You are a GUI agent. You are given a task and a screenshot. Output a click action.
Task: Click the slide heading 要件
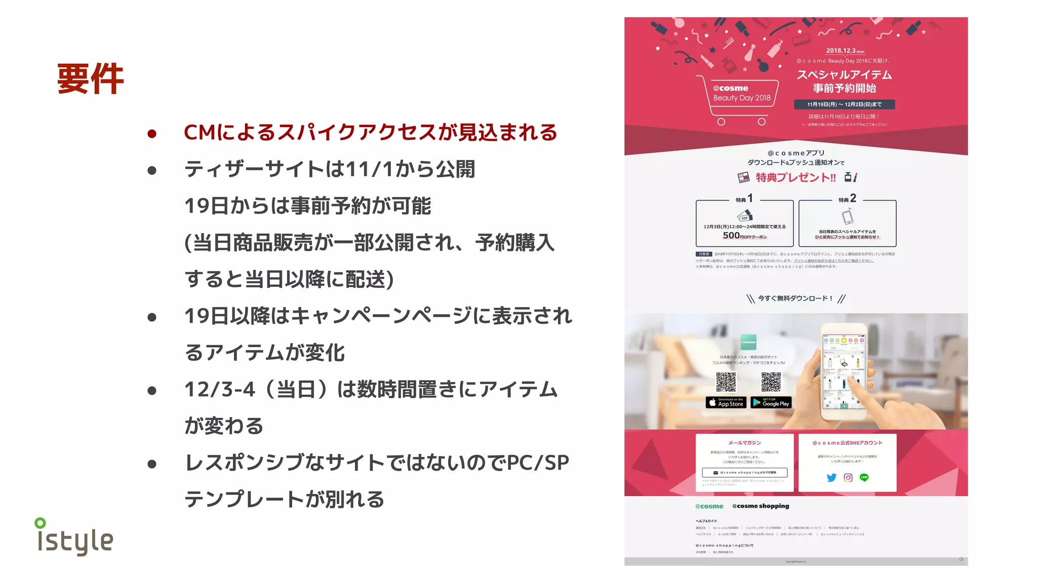pyautogui.click(x=90, y=79)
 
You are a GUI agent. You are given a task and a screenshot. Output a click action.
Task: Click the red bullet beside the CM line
pyautogui.click(x=152, y=134)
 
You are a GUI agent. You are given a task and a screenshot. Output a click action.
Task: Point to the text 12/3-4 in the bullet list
pyautogui.click(x=220, y=390)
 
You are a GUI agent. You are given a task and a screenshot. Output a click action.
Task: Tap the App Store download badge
pyautogui.click(x=726, y=403)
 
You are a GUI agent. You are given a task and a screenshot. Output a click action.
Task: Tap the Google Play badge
pyautogui.click(x=771, y=403)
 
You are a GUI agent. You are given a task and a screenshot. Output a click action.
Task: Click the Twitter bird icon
pyautogui.click(x=831, y=477)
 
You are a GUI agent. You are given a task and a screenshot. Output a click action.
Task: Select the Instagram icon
pyautogui.click(x=848, y=477)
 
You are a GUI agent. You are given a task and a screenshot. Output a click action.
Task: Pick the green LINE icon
pyautogui.click(x=864, y=477)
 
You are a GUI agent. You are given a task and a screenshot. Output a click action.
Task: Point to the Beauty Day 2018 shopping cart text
pyautogui.click(x=742, y=98)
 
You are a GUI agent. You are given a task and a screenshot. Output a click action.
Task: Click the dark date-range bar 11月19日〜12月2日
pyautogui.click(x=844, y=104)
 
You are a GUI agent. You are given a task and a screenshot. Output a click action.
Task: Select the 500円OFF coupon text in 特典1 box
pyautogui.click(x=744, y=236)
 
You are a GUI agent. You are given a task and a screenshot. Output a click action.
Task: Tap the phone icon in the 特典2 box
pyautogui.click(x=847, y=217)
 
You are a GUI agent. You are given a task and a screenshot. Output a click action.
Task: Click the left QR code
pyautogui.click(x=726, y=382)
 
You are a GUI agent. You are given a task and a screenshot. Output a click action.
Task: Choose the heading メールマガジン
pyautogui.click(x=744, y=443)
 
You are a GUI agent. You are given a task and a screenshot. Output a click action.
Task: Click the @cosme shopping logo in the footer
pyautogui.click(x=761, y=506)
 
